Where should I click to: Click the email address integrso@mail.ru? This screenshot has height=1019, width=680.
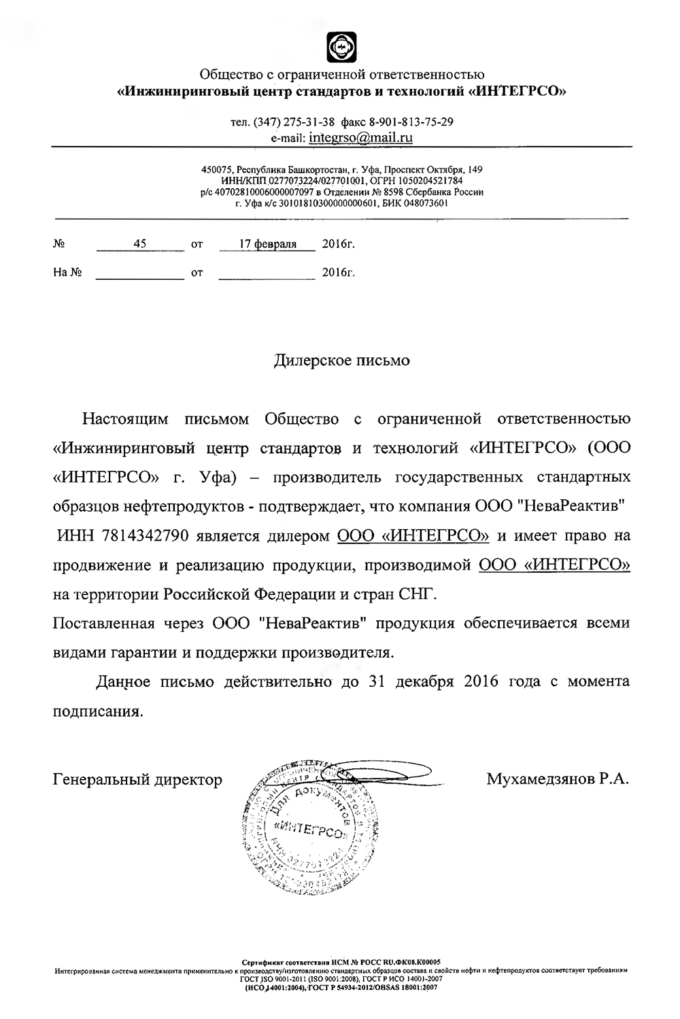tap(360, 138)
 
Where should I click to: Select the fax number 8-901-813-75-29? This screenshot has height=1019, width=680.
tap(411, 122)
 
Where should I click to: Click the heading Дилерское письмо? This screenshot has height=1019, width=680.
tap(341, 360)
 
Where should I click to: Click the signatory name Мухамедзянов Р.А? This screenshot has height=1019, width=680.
tap(558, 779)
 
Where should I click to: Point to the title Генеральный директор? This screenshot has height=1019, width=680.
tap(137, 780)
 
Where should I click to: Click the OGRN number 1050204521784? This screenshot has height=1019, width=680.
tap(430, 181)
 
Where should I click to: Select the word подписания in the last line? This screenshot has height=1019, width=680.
tap(98, 711)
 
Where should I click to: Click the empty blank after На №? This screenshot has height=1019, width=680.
tap(140, 273)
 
